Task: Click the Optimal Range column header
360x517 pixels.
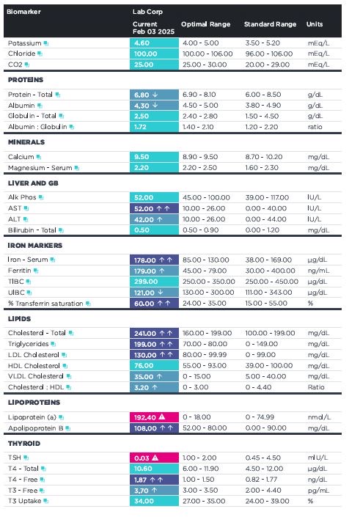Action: tap(205, 24)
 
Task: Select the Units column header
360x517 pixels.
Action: tap(315, 24)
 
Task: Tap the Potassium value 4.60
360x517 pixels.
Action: tap(142, 43)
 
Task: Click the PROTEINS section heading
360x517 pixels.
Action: tap(26, 80)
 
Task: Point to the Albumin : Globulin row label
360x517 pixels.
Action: tap(37, 127)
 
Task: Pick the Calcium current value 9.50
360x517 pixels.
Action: tap(142, 157)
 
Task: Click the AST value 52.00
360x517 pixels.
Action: tap(144, 209)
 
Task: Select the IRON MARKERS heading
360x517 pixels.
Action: tap(35, 246)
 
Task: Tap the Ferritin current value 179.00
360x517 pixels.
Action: tap(145, 271)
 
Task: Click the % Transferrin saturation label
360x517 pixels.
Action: tap(45, 304)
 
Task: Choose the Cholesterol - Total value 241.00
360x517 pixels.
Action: tap(145, 334)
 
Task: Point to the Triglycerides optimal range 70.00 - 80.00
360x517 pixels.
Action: tap(205, 344)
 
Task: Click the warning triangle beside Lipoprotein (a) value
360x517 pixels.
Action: tap(162, 417)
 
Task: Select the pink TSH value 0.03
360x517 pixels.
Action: tap(142, 458)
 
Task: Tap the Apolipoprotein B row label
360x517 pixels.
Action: tap(36, 428)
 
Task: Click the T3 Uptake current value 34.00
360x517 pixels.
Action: tap(143, 501)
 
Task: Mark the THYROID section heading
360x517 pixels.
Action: tap(24, 444)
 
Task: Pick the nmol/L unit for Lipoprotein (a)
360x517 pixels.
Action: tap(319, 417)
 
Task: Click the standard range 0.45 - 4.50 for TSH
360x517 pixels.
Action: tap(263, 458)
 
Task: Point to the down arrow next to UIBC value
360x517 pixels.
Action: tap(161, 292)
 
